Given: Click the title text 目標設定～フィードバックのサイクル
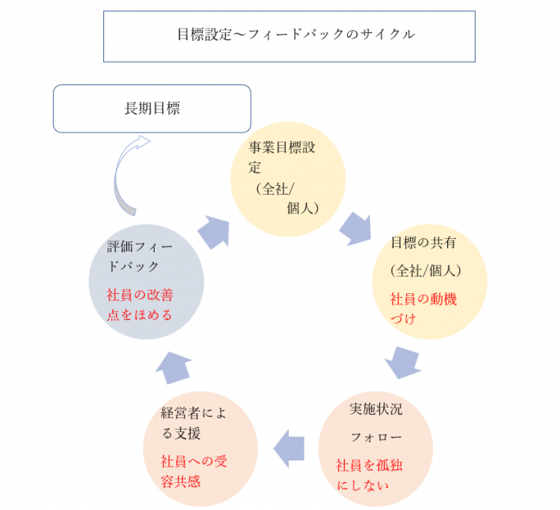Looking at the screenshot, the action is [296, 35].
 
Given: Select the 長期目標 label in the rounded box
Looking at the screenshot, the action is [152, 109].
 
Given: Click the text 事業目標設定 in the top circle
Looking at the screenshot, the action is [282, 158].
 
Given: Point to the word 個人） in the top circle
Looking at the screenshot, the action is [303, 208].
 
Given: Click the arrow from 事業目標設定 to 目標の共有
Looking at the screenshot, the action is [356, 229].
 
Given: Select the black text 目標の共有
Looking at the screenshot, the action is [424, 243].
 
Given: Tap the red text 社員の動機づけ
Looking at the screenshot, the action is [424, 309].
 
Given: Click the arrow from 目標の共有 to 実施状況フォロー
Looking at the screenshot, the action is [403, 363].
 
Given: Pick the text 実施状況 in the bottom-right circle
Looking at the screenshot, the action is [375, 409].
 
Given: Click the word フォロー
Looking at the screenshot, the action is [376, 437].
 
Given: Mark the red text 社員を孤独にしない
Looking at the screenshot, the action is [369, 475].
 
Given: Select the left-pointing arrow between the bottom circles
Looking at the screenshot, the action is [289, 449].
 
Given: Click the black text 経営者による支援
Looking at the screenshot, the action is [193, 423].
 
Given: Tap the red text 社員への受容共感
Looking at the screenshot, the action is [194, 471].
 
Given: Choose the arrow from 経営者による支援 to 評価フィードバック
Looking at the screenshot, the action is [174, 368].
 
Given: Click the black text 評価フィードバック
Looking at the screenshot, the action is [140, 256].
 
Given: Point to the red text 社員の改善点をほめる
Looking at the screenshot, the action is [140, 305].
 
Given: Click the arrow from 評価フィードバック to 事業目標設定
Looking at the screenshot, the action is [214, 233].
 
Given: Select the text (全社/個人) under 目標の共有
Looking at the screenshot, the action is [425, 271].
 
